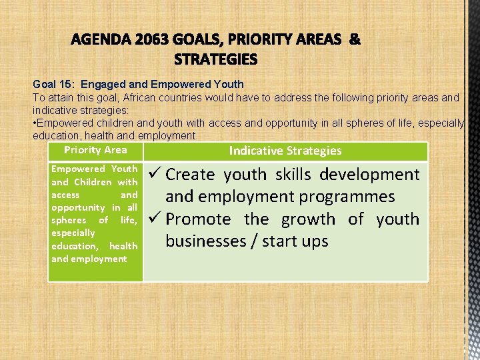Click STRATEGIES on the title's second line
point(215,60)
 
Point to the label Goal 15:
point(53,85)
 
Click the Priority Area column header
point(95,150)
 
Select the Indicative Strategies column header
point(285,151)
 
